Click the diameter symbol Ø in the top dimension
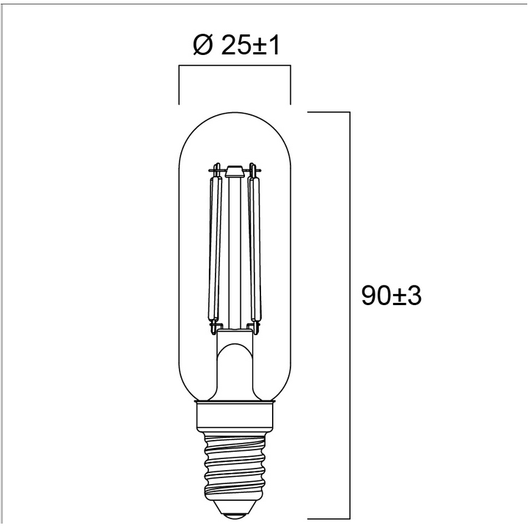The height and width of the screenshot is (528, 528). [x=202, y=46]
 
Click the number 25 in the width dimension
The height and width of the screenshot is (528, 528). [x=233, y=46]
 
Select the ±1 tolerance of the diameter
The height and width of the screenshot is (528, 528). [x=267, y=46]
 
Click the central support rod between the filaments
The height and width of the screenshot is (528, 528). [x=235, y=249]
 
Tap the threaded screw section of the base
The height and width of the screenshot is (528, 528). [x=235, y=462]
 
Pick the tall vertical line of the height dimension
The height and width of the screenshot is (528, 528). [x=348, y=220]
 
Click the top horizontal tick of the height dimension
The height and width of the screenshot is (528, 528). [x=327, y=112]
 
